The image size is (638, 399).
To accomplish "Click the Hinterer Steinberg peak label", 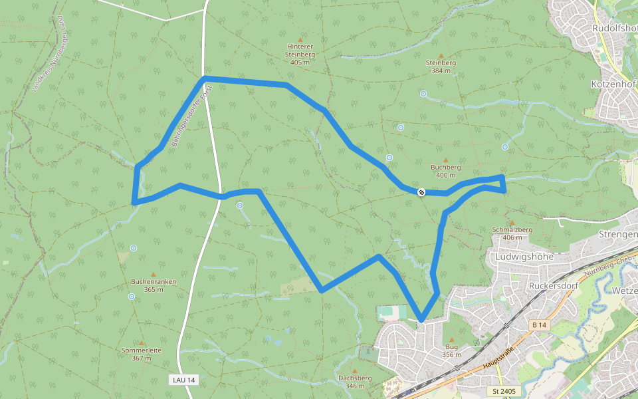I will pos(300,54).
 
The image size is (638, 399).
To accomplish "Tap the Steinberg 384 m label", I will pos(441,66).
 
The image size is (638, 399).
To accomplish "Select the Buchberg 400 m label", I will pos(445,171).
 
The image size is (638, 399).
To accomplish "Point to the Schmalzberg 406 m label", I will pos(512,233).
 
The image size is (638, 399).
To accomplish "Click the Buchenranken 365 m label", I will pos(154,285).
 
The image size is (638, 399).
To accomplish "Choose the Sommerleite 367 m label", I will pos(141,354).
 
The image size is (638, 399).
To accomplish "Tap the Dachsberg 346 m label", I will pos(354,382).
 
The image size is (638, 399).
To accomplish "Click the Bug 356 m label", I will pos(452,350).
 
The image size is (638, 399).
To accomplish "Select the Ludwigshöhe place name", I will pos(524,256).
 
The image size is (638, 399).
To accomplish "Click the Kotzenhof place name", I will pos(613,84).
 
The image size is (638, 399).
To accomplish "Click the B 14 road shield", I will pos(538,325).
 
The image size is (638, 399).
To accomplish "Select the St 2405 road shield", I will pos(504,390).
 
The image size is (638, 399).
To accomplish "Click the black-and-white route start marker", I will pos(421,192).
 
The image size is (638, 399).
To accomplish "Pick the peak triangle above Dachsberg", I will pos(354,371).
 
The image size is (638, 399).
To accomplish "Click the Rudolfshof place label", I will pos(615,29).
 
